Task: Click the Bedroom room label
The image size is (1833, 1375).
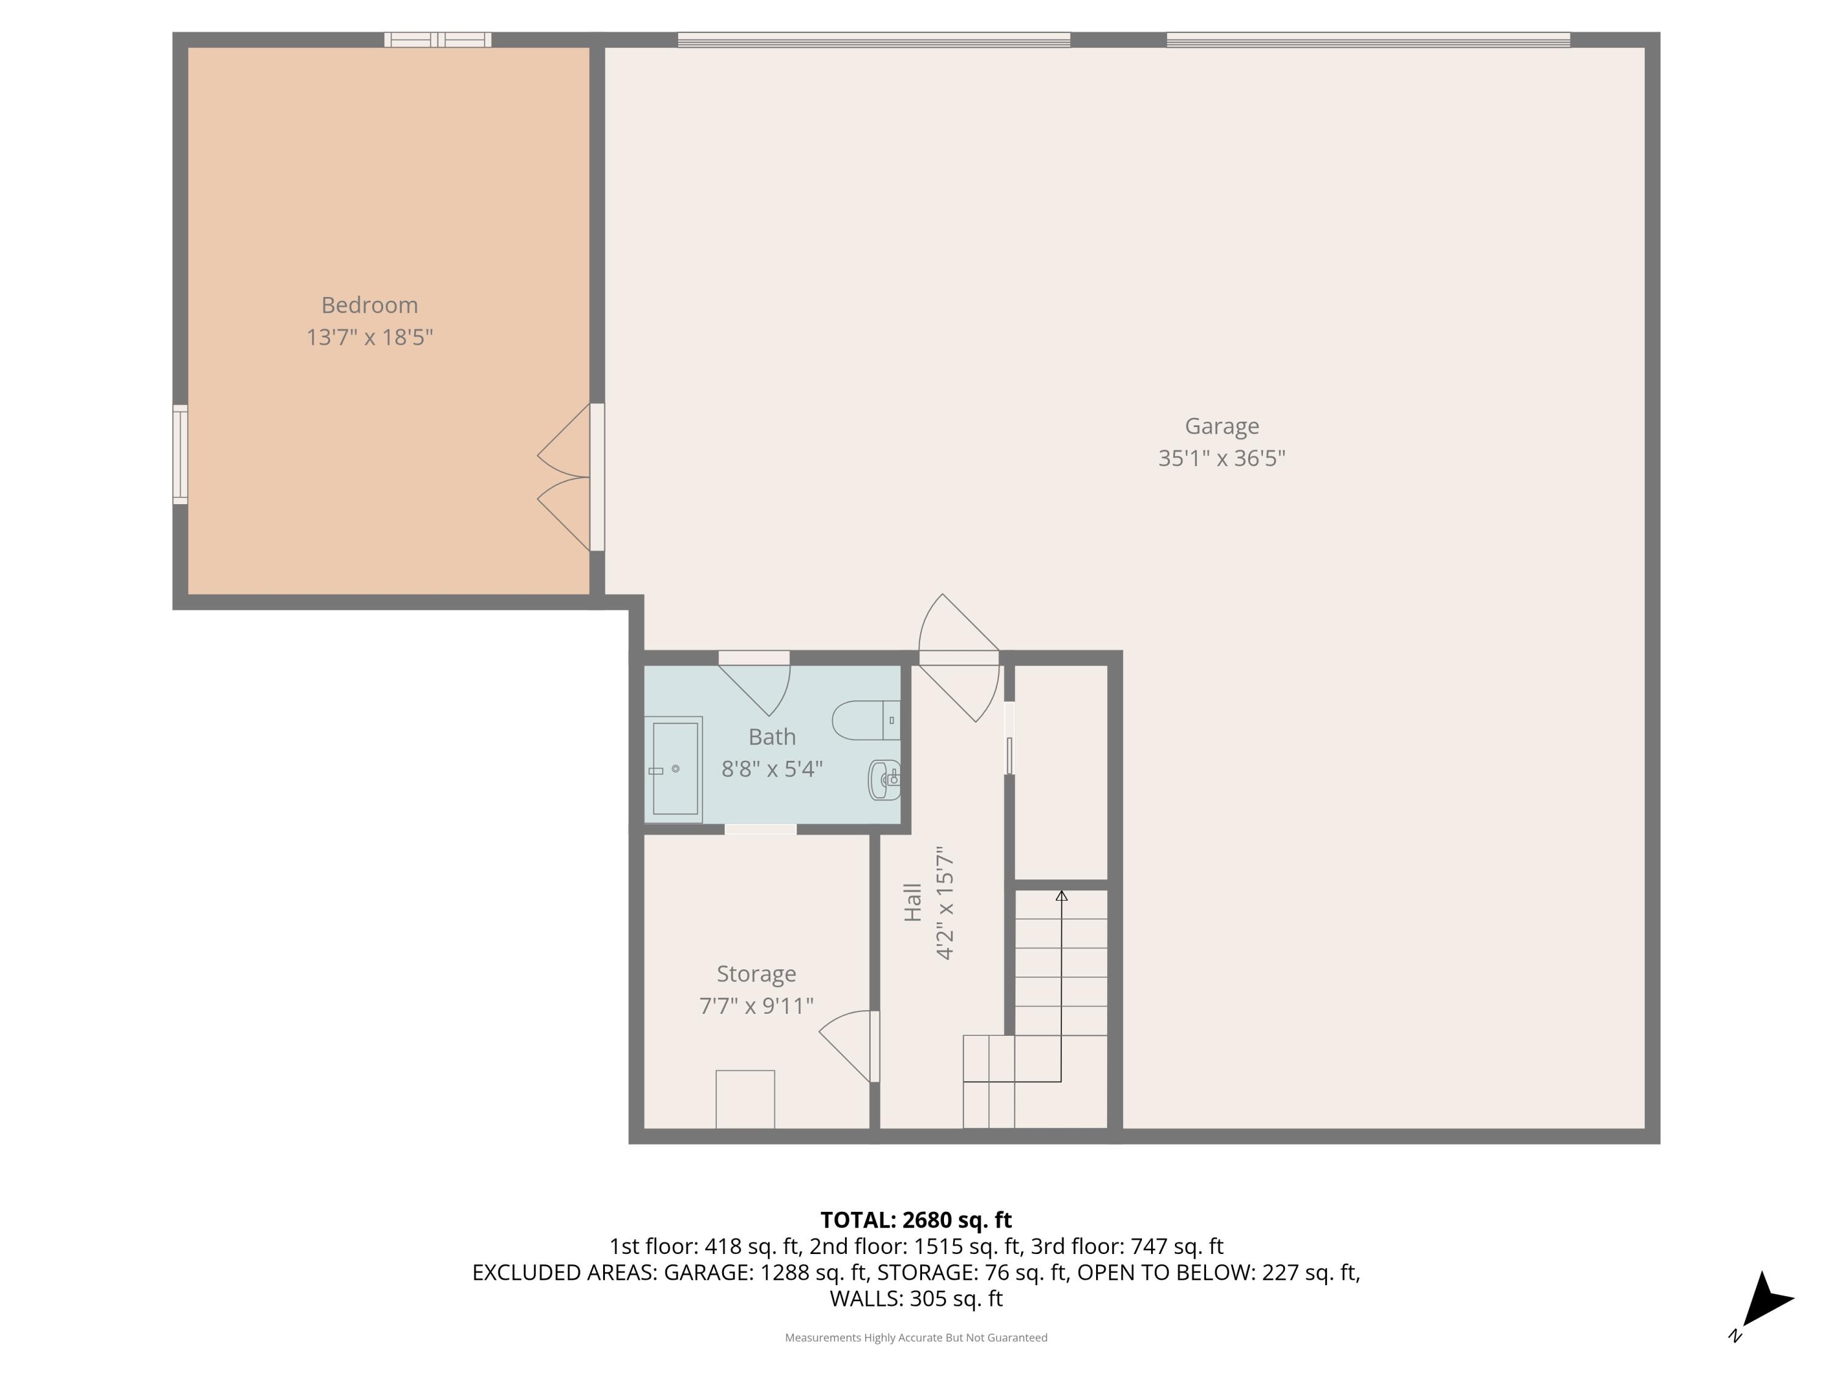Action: tap(370, 305)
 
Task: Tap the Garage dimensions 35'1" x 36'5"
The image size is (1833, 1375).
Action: tap(1221, 458)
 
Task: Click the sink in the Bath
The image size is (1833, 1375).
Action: tap(884, 779)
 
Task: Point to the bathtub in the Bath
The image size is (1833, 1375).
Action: tap(675, 769)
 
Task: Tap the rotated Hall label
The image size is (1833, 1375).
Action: tap(912, 903)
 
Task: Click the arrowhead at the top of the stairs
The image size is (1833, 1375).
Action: tap(1061, 896)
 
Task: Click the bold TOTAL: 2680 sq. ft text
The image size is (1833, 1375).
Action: tap(916, 1220)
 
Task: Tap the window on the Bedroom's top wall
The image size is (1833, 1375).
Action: tap(437, 40)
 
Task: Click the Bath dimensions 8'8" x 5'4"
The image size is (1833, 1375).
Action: tap(772, 769)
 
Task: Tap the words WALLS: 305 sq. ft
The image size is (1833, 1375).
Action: tap(916, 1299)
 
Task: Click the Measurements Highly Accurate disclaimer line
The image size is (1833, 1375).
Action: tap(916, 1338)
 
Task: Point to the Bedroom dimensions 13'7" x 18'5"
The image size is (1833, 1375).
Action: tap(370, 337)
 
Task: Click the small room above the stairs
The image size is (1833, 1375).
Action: tap(1061, 771)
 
